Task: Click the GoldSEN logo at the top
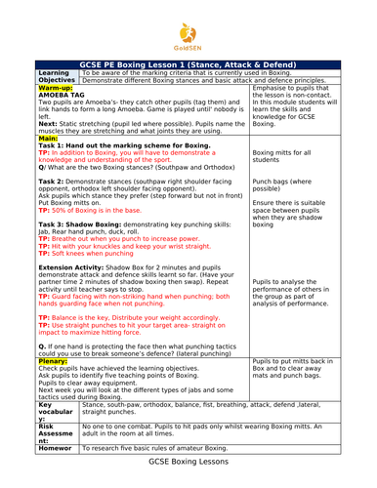188,26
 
